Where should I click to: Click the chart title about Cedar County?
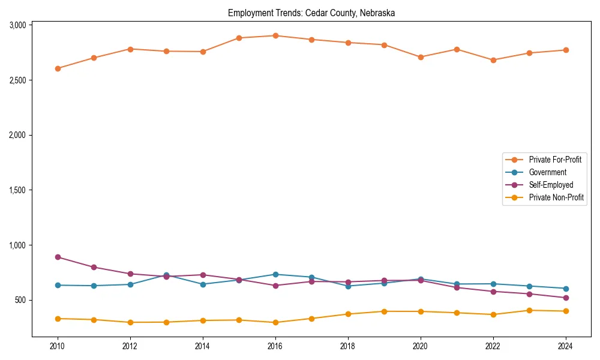pos(311,13)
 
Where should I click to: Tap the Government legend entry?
pos(547,172)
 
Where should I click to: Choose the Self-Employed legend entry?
pos(551,185)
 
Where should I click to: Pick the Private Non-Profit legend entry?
pos(556,197)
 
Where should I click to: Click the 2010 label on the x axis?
pos(58,346)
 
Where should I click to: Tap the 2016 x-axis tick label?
pos(275,346)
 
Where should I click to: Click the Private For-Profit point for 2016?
pos(275,35)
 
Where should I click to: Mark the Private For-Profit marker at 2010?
pos(58,68)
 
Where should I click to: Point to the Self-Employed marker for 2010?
pos(58,257)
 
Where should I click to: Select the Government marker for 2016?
pos(275,274)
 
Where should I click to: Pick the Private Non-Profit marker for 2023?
pos(529,310)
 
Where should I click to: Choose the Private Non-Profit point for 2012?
pos(130,322)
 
